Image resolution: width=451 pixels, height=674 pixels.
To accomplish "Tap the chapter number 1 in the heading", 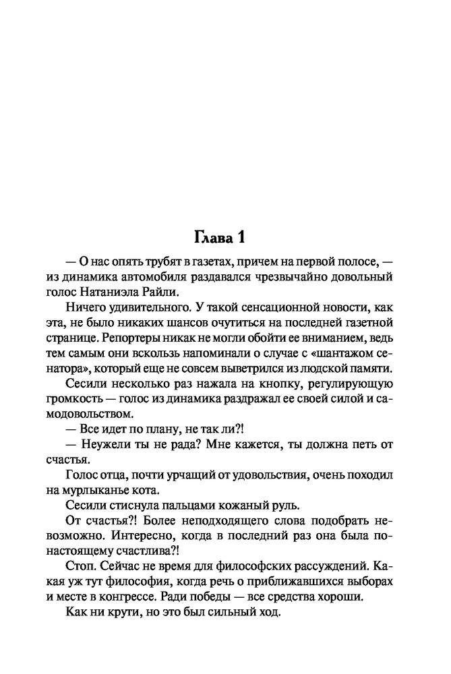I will (x=247, y=237).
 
